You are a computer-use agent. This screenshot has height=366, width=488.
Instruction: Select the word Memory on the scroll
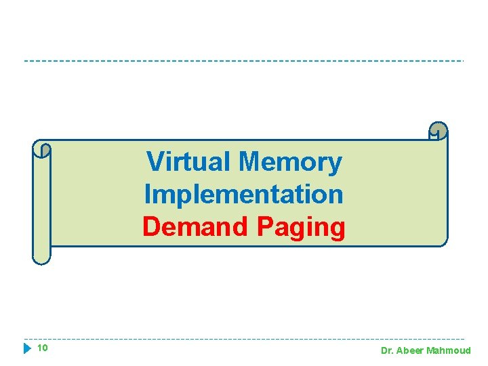[x=291, y=163]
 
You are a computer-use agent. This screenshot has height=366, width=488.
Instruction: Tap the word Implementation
[x=244, y=195]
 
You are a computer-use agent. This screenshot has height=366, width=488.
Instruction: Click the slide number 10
[x=42, y=348]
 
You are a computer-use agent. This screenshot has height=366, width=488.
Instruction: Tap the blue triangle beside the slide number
[x=27, y=349]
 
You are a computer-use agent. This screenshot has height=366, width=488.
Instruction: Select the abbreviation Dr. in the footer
[x=388, y=351]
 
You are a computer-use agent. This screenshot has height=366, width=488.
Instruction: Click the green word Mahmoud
[x=450, y=351]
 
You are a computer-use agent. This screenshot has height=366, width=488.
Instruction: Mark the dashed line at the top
[x=244, y=61]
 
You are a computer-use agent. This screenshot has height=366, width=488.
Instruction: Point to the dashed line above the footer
[x=244, y=339]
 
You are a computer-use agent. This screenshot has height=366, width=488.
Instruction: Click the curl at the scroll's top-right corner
[x=439, y=131]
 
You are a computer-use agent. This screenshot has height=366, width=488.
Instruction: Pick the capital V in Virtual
[x=155, y=162]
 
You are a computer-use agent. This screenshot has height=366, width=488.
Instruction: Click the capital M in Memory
[x=250, y=162]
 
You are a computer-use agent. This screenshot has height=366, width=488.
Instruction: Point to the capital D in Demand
[x=151, y=227]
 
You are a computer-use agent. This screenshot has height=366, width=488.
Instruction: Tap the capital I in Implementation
[x=147, y=195]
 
